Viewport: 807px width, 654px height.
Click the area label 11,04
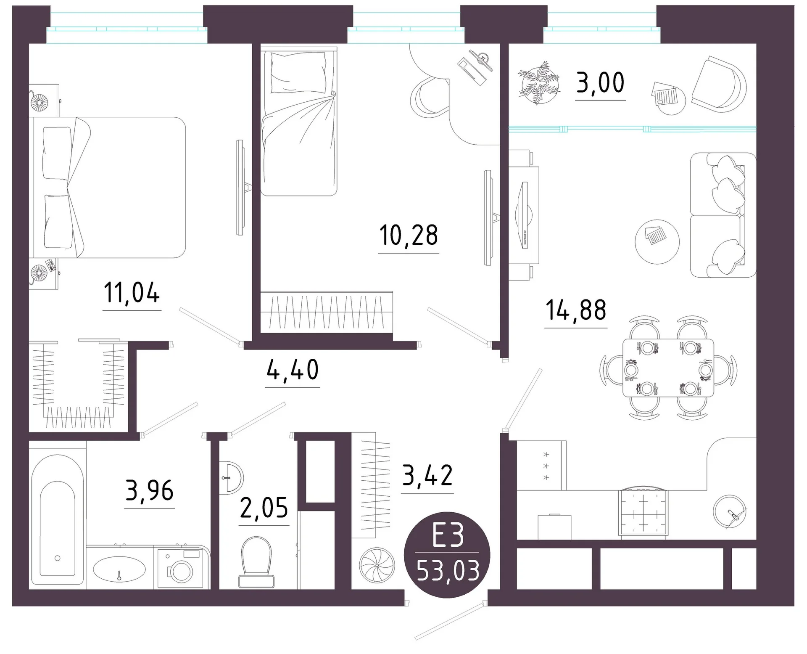(x=132, y=293)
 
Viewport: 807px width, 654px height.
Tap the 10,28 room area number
(x=409, y=235)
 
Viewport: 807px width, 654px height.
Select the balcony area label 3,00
(x=600, y=83)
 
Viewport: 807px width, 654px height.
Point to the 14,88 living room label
(x=576, y=310)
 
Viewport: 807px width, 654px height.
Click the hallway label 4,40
(x=293, y=370)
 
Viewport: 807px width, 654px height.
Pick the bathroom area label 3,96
(x=150, y=490)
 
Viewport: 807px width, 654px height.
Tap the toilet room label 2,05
(x=264, y=508)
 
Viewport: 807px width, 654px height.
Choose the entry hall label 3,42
(x=427, y=475)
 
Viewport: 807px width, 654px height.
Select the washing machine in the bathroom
(x=182, y=567)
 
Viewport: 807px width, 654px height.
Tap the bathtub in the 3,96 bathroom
(x=58, y=520)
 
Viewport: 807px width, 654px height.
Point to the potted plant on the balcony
(x=539, y=82)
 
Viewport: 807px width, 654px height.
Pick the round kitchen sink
(x=730, y=511)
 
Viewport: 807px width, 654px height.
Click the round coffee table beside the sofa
(x=657, y=242)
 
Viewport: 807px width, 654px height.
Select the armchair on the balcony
(x=719, y=84)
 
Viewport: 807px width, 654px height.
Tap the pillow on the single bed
(x=298, y=72)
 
